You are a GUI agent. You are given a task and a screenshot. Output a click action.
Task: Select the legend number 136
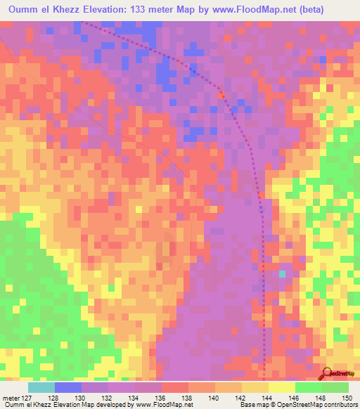(x=161, y=398)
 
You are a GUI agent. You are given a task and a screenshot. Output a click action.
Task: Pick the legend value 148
(x=321, y=398)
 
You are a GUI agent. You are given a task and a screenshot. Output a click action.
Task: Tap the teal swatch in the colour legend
(x=41, y=387)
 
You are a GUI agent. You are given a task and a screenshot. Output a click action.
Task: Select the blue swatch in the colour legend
(x=68, y=387)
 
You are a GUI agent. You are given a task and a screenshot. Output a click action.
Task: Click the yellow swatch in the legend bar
(x=282, y=387)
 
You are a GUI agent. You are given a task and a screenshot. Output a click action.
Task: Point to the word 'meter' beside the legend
(x=9, y=398)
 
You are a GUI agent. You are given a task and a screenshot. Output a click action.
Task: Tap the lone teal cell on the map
(x=283, y=274)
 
